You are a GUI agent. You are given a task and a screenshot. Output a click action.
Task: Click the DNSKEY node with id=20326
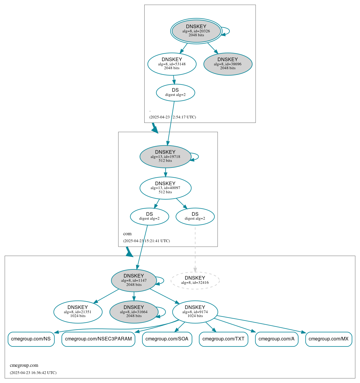click(x=196, y=31)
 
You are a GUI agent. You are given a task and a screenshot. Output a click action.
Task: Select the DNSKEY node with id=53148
click(x=172, y=64)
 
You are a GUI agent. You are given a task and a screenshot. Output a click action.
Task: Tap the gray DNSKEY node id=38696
click(x=228, y=64)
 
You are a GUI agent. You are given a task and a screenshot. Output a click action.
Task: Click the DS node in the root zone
click(x=175, y=93)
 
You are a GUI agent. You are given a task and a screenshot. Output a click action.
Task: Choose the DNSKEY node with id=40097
click(x=165, y=188)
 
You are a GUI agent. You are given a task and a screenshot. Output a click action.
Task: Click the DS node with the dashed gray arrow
click(x=195, y=216)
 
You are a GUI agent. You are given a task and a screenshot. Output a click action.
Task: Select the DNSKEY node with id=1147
click(x=134, y=281)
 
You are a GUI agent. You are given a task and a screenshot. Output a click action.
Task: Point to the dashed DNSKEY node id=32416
click(x=195, y=281)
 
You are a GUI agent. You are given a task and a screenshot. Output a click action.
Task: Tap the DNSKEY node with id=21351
click(x=78, y=312)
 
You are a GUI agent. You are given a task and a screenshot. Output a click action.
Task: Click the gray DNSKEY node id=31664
click(x=134, y=312)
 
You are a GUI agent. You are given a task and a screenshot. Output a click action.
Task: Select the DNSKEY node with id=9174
click(x=195, y=312)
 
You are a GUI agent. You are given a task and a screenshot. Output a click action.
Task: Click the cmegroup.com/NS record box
click(x=31, y=339)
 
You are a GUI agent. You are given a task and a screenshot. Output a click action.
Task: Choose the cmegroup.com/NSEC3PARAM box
click(x=98, y=339)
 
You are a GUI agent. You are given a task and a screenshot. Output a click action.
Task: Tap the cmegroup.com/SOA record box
click(x=167, y=339)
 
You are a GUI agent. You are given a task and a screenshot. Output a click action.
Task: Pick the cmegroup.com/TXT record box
click(x=223, y=339)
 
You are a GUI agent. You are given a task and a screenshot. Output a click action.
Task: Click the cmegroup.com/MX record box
click(x=328, y=339)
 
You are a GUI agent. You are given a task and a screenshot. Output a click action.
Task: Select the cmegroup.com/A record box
click(x=277, y=339)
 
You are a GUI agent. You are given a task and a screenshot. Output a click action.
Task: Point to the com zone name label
click(x=127, y=234)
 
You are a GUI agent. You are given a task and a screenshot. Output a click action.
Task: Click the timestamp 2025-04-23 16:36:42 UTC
click(x=33, y=373)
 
